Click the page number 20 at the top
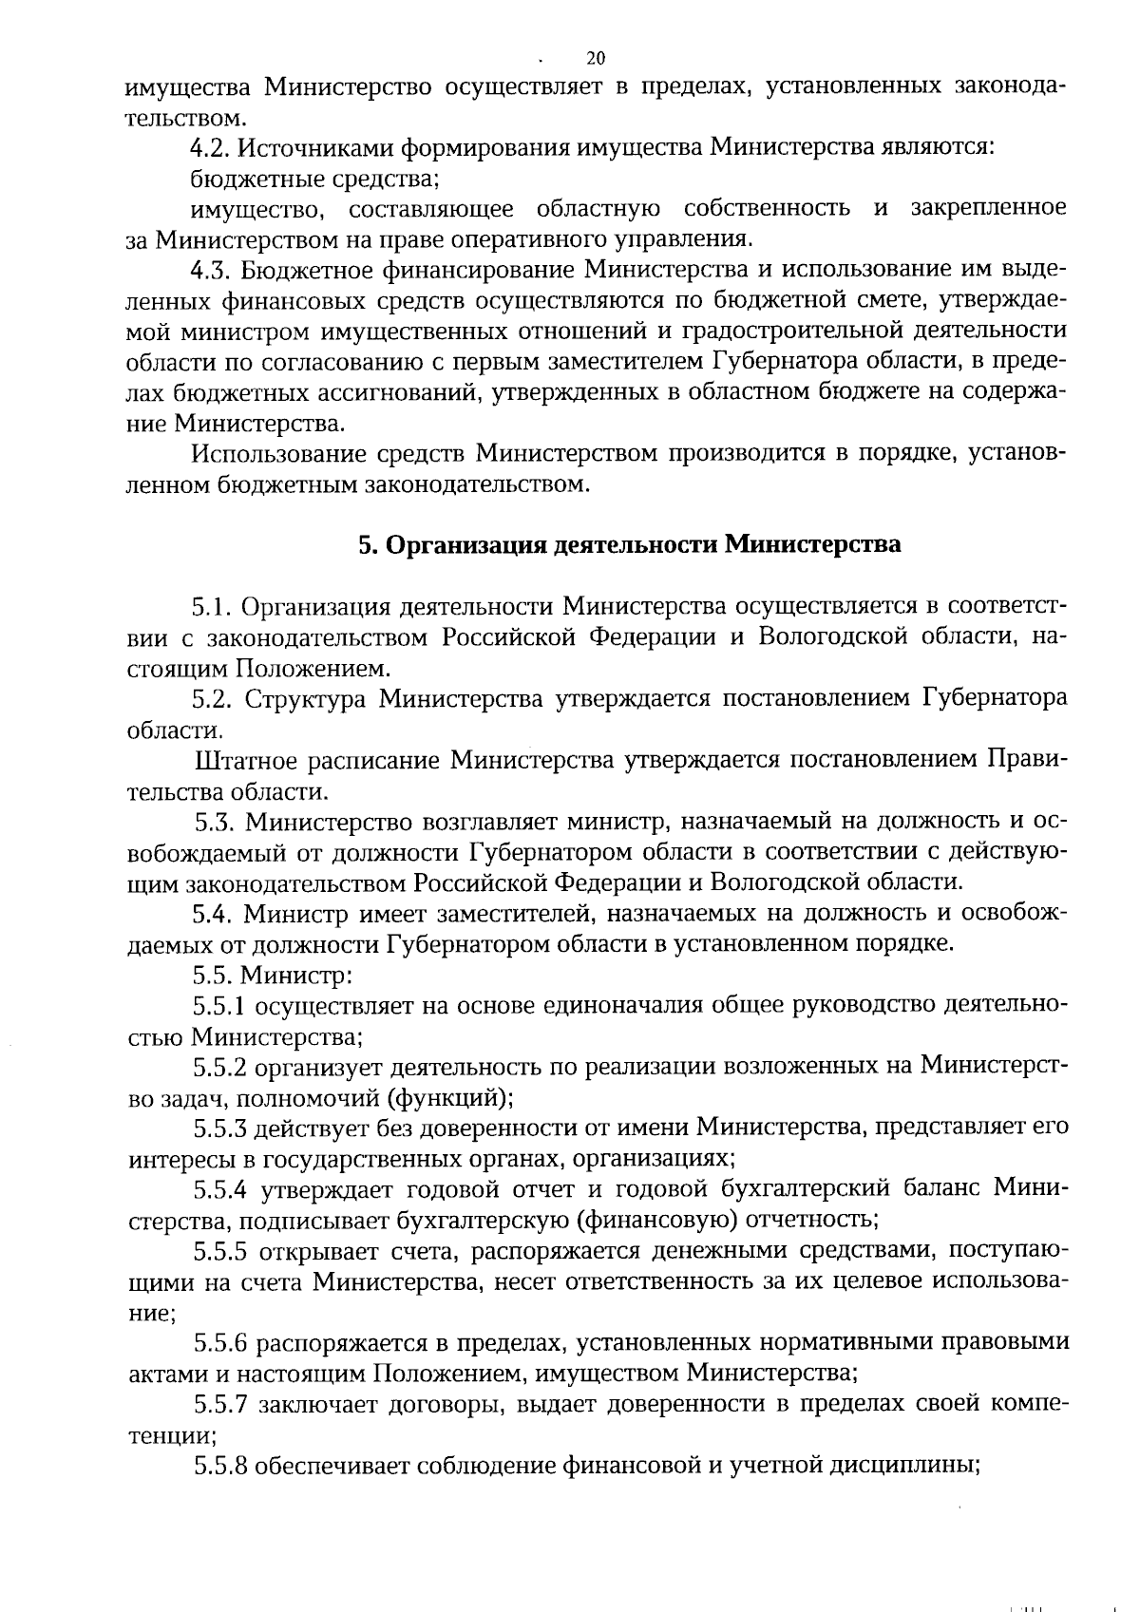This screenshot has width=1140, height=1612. (x=596, y=58)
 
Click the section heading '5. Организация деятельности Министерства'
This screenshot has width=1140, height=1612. (x=629, y=545)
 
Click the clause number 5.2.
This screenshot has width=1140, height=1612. (x=212, y=699)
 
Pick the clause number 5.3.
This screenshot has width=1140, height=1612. (x=215, y=822)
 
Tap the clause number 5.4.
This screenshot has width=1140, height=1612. (x=212, y=914)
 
